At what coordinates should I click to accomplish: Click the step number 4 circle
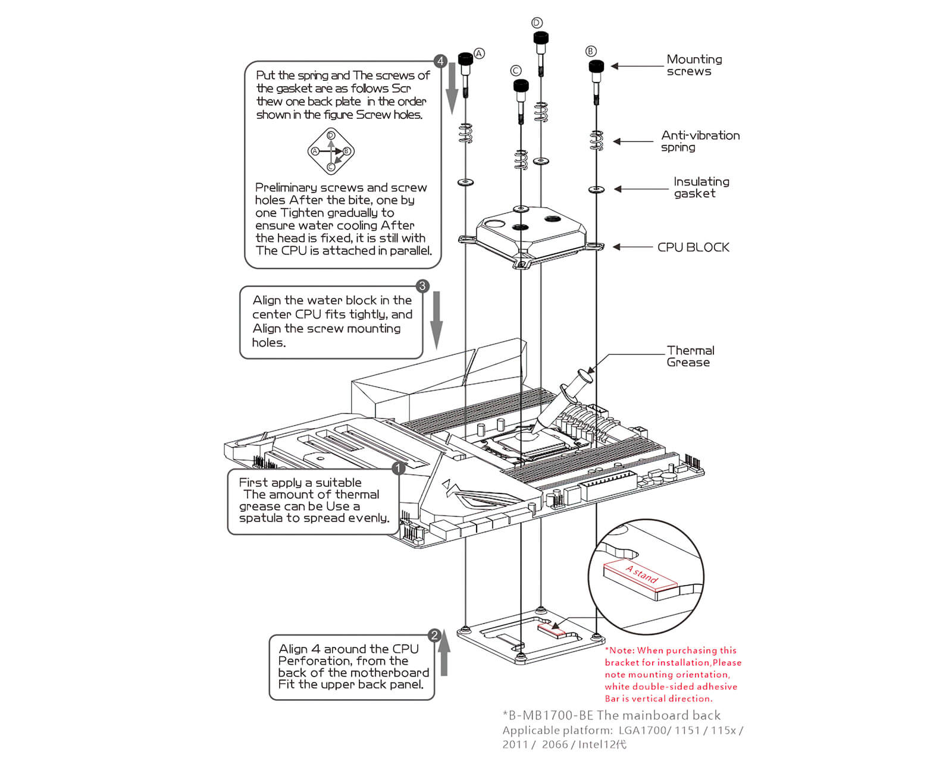(440, 61)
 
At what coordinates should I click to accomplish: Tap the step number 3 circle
(422, 286)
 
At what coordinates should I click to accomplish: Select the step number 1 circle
(398, 468)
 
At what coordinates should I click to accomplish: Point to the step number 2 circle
(435, 635)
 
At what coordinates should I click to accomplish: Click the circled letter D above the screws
(537, 23)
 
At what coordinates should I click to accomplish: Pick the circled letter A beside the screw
(479, 54)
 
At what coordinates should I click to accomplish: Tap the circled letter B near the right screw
(590, 51)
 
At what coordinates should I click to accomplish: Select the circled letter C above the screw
(516, 71)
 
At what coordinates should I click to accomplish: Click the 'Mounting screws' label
(693, 65)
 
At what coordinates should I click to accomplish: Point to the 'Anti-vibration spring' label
(700, 141)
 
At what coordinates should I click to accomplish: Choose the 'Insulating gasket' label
(700, 187)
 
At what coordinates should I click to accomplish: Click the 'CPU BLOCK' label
(693, 247)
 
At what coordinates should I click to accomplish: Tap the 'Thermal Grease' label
(690, 356)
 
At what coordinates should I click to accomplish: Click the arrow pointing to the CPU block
(632, 247)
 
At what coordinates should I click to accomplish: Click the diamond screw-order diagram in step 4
(331, 151)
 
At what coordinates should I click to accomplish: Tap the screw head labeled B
(596, 66)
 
